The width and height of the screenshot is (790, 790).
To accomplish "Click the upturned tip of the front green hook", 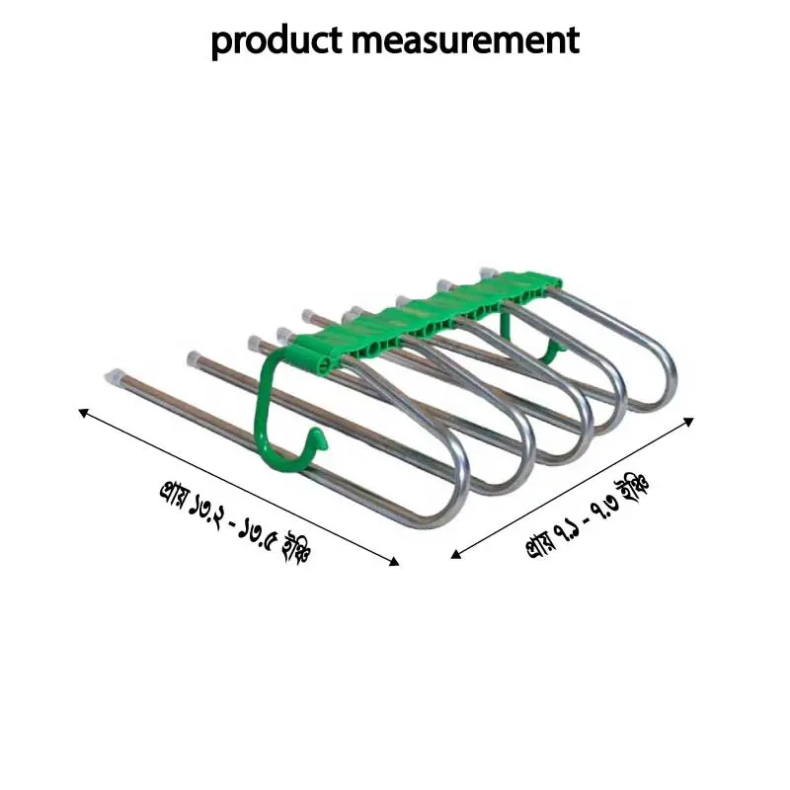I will [316, 434].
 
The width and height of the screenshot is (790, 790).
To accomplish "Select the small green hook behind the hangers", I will [554, 347].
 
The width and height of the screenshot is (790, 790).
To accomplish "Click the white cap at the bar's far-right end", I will [486, 270].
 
